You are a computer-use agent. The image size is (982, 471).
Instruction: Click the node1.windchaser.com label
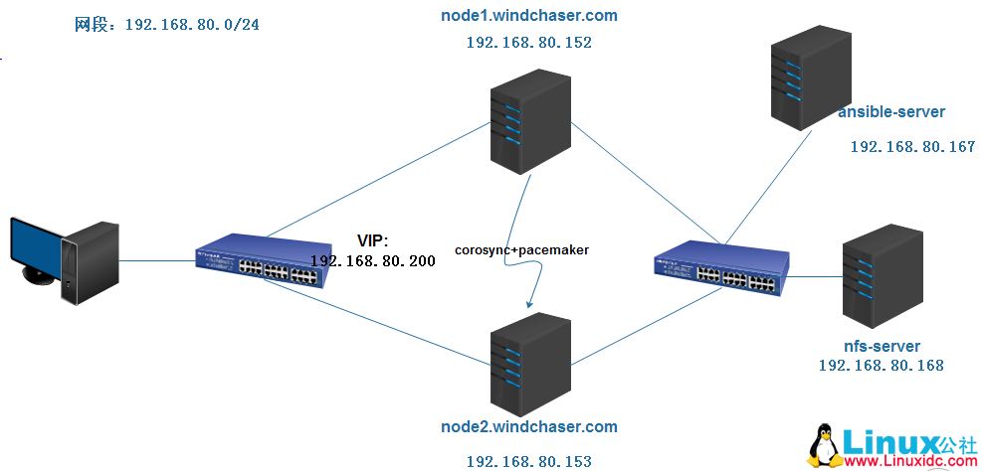528,16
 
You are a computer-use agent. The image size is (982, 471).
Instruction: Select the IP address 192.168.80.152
528,43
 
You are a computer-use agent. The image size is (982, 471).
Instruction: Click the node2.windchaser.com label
528,427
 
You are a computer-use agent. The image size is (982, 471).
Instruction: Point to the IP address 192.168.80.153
528,461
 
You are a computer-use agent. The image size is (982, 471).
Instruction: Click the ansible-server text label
890,112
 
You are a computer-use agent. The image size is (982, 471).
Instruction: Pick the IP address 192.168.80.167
911,147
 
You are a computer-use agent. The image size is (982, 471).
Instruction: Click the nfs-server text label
881,346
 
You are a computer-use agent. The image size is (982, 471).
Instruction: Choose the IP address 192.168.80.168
881,366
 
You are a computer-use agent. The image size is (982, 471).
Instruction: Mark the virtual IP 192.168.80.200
372,260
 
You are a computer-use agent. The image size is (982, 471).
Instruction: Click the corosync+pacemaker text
521,250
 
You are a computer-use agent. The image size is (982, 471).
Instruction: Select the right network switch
722,267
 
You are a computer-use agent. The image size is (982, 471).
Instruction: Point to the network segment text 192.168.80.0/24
191,24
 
